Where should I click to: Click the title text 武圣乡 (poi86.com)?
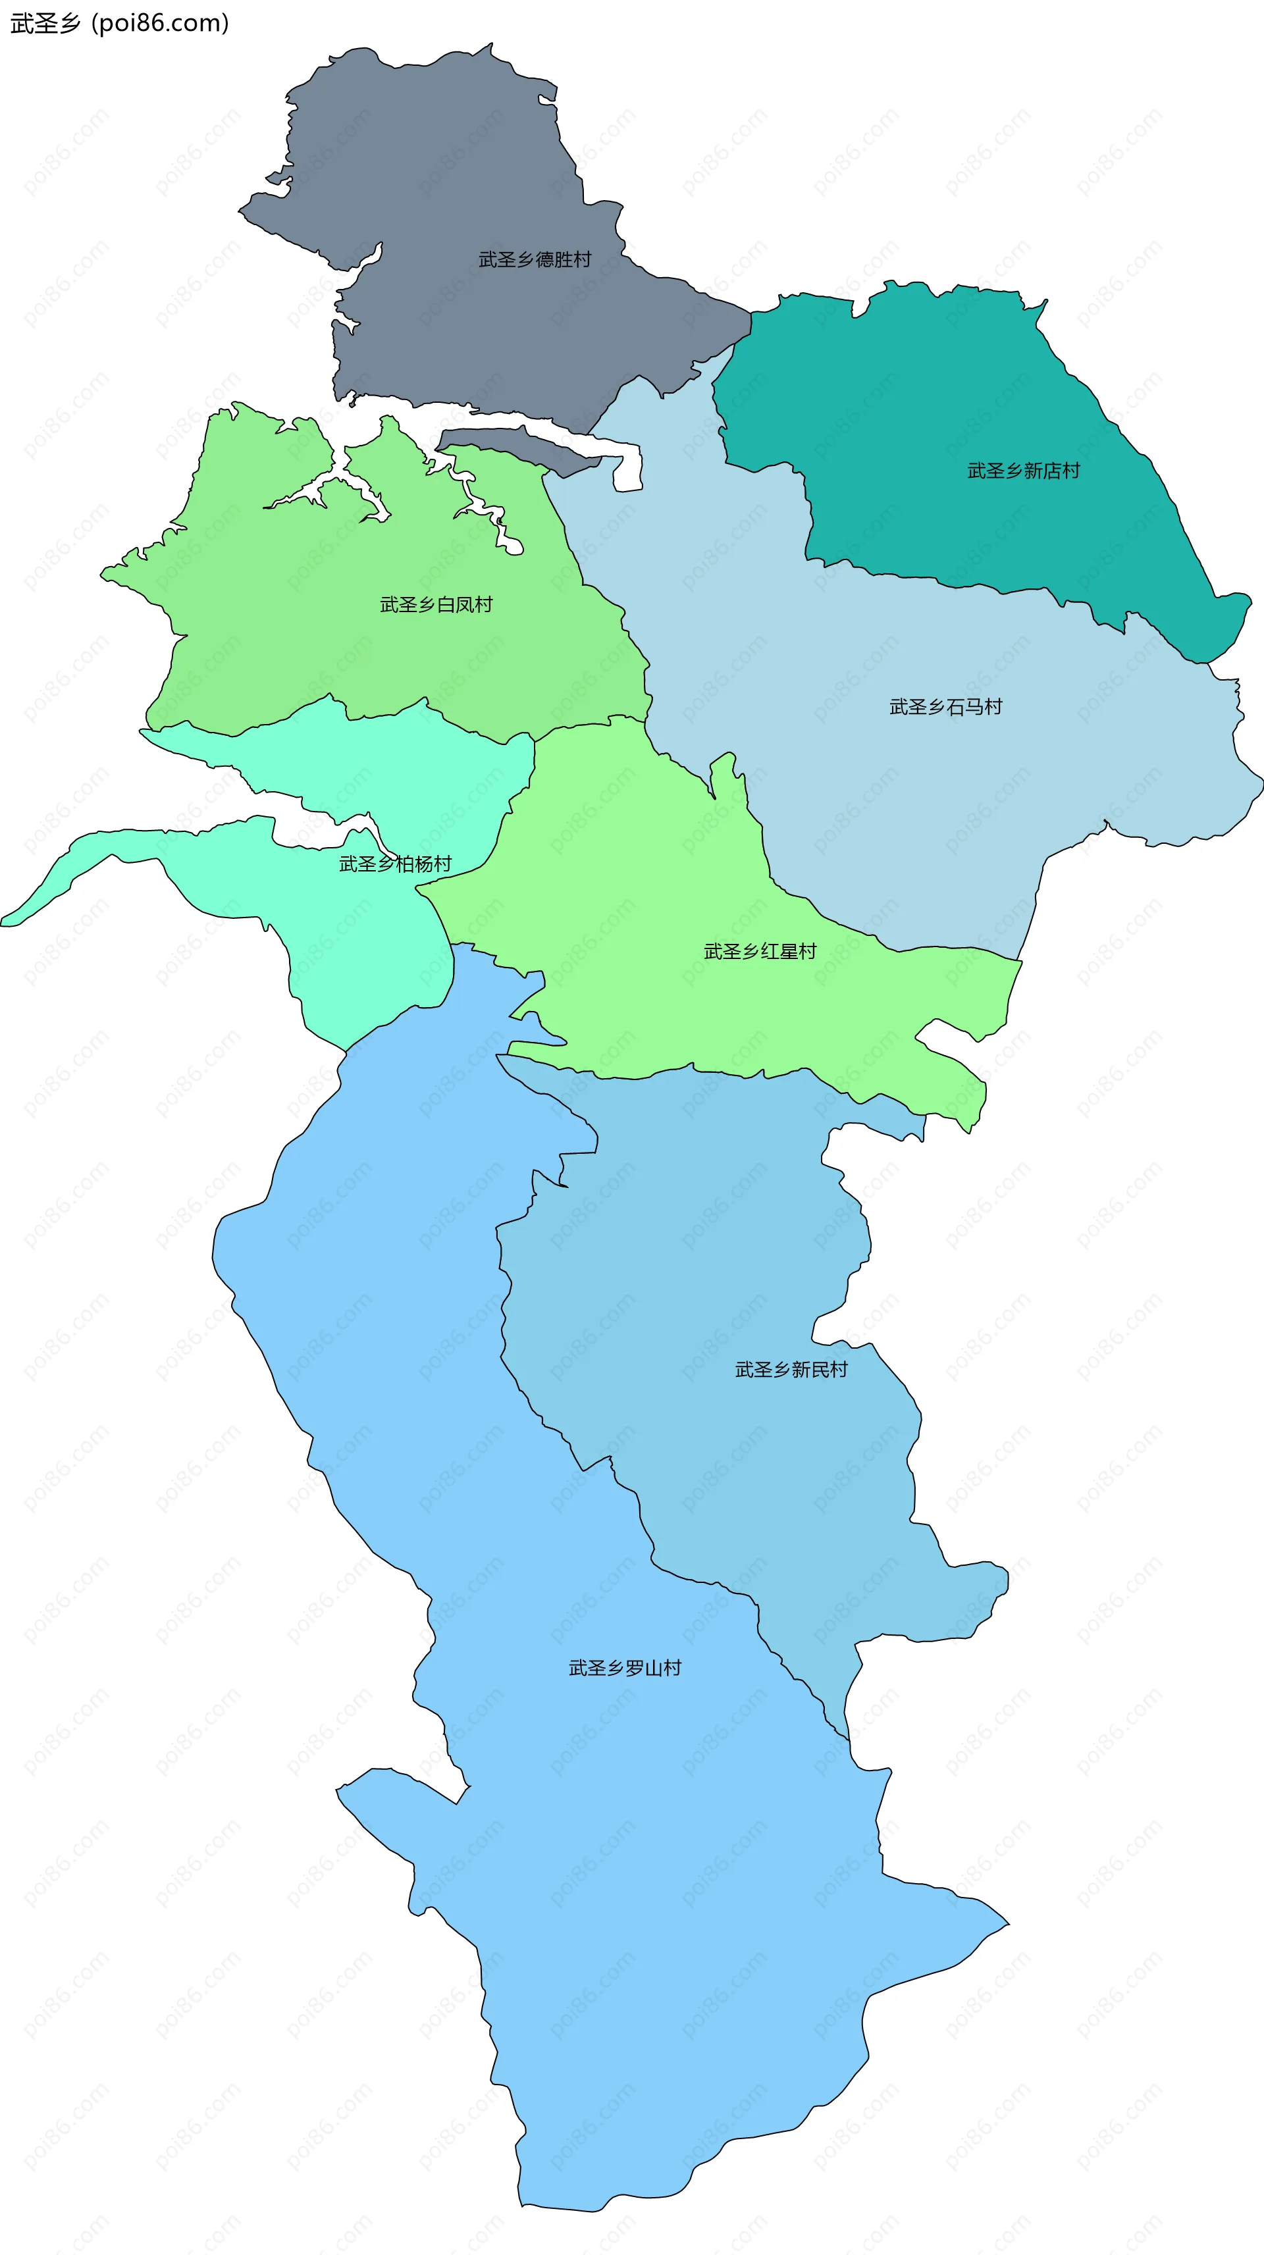[x=119, y=23]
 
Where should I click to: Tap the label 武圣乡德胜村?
[x=534, y=259]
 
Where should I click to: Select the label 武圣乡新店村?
[x=1022, y=471]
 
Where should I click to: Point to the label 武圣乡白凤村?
[x=436, y=605]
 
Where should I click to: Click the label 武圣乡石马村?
[x=945, y=708]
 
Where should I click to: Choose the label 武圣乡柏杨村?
[x=395, y=864]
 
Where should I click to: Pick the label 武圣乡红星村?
[x=760, y=952]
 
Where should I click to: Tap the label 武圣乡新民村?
[x=791, y=1370]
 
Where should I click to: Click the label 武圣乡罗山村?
[x=624, y=1669]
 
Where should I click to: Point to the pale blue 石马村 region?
[x=876, y=788]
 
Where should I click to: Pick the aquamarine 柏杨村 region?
[x=367, y=945]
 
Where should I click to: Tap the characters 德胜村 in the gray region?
[x=563, y=259]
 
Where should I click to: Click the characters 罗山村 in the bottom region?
[x=653, y=1669]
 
